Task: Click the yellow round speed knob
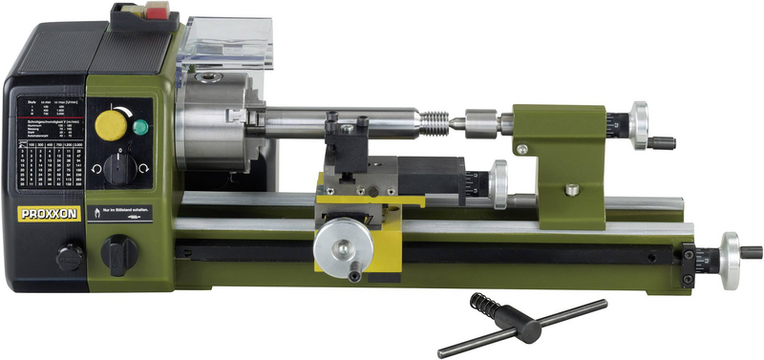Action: pyautogui.click(x=114, y=124)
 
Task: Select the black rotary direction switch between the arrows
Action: pyautogui.click(x=119, y=169)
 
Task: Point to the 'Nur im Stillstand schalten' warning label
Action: pyautogui.click(x=119, y=212)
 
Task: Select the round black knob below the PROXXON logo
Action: pyautogui.click(x=69, y=256)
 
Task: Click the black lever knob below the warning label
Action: pyautogui.click(x=118, y=253)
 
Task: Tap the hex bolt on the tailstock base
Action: pyautogui.click(x=572, y=189)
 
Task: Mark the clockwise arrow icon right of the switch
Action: pyautogui.click(x=142, y=168)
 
